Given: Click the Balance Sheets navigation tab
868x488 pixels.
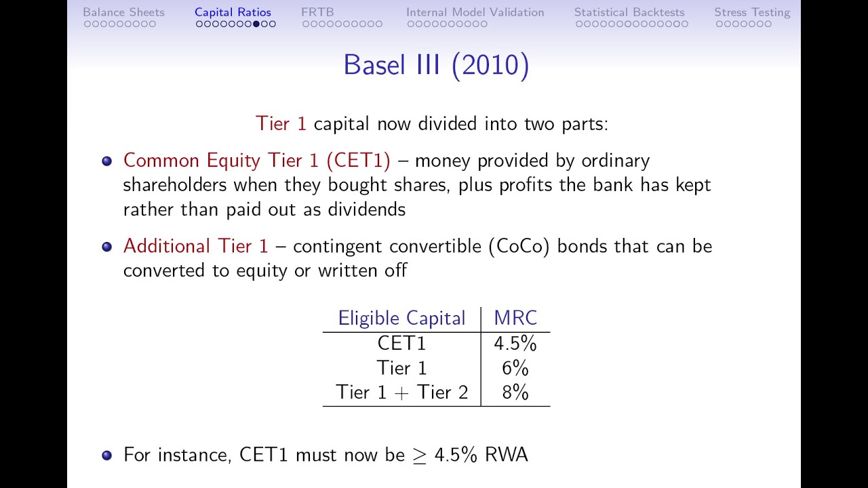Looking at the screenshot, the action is pos(123,12).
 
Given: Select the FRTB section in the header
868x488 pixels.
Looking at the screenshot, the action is pos(317,12).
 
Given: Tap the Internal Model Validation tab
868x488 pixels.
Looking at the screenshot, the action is pos(475,12).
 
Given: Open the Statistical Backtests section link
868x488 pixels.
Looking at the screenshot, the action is pos(629,12).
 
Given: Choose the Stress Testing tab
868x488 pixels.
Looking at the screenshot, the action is pos(752,12).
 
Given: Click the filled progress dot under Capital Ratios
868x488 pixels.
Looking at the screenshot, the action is pos(256,24).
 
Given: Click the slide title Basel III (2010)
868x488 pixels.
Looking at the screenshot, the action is pos(436,64).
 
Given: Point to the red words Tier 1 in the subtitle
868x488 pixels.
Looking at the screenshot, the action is pos(281,124).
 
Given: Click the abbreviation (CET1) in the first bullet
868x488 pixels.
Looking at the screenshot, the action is pos(359,161).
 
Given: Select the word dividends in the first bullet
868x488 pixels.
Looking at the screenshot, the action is pos(367,209).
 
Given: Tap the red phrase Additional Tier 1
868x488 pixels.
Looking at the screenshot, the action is pos(195,246).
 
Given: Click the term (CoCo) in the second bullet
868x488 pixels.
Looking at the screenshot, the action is pos(519,246).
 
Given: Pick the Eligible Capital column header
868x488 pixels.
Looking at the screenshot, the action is pos(401,319).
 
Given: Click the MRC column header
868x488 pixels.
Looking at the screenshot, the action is pos(515,318).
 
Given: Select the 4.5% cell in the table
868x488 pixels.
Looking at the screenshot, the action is pos(515,344).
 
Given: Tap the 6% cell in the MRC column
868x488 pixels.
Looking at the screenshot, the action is pos(515,368).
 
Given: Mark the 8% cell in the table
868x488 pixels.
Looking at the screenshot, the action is pos(515,392).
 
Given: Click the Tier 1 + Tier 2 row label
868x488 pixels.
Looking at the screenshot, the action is pos(402,392).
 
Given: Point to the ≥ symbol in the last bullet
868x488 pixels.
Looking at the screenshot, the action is pos(419,455).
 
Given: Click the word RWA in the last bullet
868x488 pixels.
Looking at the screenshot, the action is pos(506,455).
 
